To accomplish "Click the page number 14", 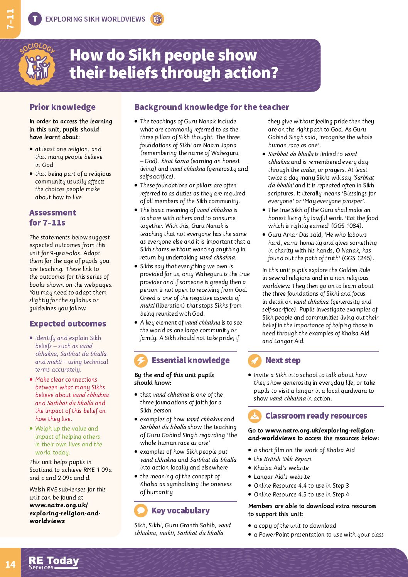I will pos(10,564).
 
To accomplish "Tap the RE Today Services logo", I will pos(54,563).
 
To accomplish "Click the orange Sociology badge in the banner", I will pos(37,64).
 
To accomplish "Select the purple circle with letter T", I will pos(35,19).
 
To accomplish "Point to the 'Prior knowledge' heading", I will pos(62,107).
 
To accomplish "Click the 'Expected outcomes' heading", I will pos(67,324).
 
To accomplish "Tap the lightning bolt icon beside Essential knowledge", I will pos(141,361).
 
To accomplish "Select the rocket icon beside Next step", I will pos(255,361).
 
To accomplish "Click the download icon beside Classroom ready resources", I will pos(255,416).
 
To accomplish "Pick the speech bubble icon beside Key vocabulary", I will pos(141,511).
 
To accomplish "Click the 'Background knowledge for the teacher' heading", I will pos(212,107).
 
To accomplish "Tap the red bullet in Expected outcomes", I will pos(31,380).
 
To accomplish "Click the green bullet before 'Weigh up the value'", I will pos(31,429).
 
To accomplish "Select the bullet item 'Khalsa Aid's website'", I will pos(282,468).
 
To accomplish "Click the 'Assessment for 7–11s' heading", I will pos(52,217).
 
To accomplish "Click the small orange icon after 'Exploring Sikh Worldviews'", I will pos(157,19).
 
